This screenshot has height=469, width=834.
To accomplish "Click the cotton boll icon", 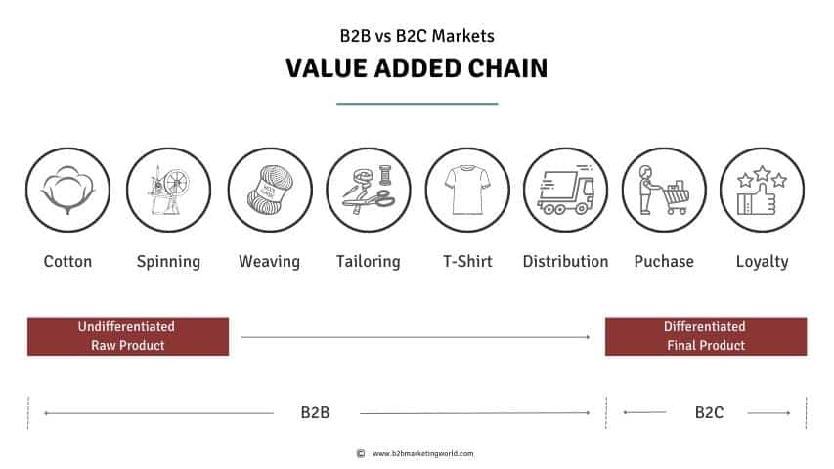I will coord(67,190).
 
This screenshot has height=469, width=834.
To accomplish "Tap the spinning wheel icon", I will coord(168,190).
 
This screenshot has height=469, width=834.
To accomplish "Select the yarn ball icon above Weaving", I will coord(270,190).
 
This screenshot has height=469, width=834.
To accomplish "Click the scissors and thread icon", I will coord(368,190).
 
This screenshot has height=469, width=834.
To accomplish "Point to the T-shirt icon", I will coord(466,190).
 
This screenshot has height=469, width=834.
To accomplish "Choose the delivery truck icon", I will coord(565,190).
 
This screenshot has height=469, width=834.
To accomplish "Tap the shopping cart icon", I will coord(664,190).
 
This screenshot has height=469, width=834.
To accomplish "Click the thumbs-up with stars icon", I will coord(762,190).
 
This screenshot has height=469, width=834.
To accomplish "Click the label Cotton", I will coord(67,261).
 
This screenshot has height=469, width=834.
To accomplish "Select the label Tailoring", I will coord(368,261).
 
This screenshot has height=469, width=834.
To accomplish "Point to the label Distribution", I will coord(565,261).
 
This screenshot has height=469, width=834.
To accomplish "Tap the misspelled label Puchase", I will coord(664,261).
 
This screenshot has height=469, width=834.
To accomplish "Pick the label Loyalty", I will coord(762,261).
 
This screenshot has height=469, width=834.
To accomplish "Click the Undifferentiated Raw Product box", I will coord(128,336).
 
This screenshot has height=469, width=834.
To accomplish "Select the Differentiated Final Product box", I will coord(705,336).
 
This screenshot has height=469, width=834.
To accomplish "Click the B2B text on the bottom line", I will coord(315,412).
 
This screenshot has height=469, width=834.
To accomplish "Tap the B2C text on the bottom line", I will coord(708,412).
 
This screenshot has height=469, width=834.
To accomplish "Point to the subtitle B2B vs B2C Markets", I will coord(417,36).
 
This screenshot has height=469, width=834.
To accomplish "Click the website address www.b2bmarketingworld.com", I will coord(422,453).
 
